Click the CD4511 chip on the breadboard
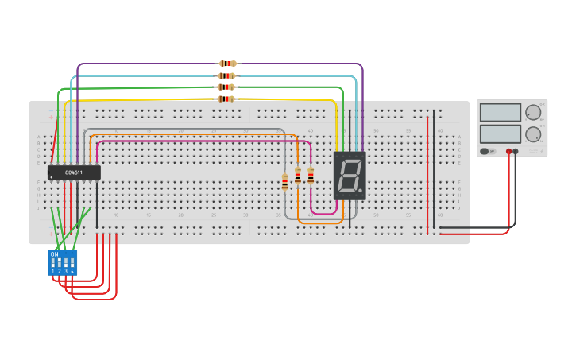(74, 172)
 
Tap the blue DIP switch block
(63, 262)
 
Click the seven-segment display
(350, 176)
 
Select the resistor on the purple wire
(227, 64)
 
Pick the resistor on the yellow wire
(226, 99)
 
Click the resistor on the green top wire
(226, 87)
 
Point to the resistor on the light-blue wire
(226, 75)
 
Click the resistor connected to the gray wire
(285, 182)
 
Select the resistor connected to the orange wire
(298, 176)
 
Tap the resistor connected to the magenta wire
(311, 176)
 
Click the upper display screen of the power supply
(501, 113)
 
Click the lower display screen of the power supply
(501, 134)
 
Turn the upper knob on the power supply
(532, 113)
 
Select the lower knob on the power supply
(532, 134)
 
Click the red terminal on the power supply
(508, 151)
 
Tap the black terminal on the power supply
(516, 151)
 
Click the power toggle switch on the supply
(485, 151)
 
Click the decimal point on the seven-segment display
(360, 191)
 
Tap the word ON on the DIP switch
(54, 254)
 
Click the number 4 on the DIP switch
(72, 271)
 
